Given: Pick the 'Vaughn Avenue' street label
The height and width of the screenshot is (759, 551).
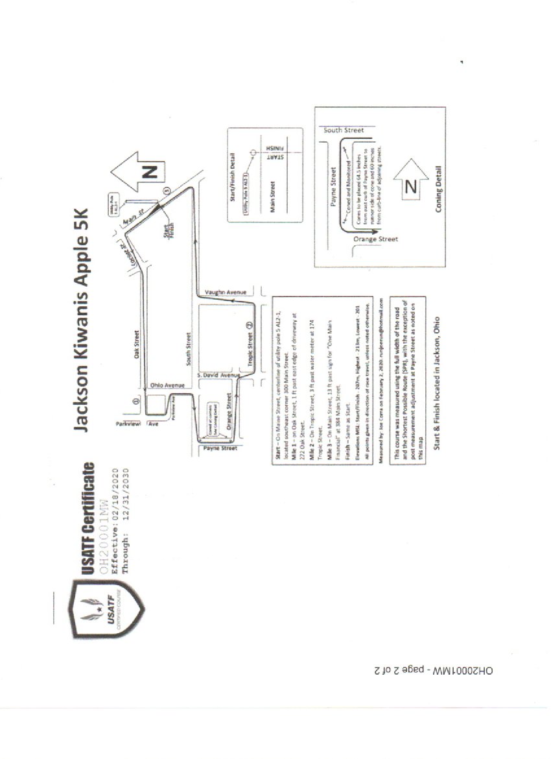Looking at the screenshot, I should (x=224, y=293).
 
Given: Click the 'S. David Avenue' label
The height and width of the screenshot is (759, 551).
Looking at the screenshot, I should (x=218, y=376).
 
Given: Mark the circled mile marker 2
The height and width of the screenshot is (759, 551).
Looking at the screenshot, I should (x=250, y=325).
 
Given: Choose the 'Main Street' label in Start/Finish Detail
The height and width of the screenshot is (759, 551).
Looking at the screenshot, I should (x=272, y=196).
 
